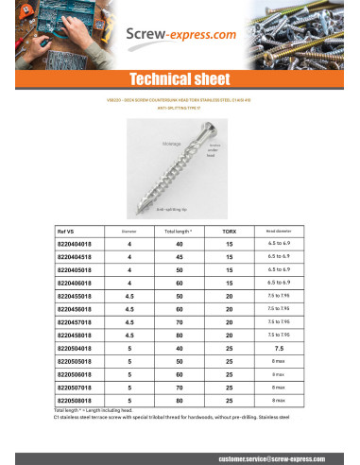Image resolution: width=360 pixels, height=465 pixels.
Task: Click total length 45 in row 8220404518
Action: click(178, 256)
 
